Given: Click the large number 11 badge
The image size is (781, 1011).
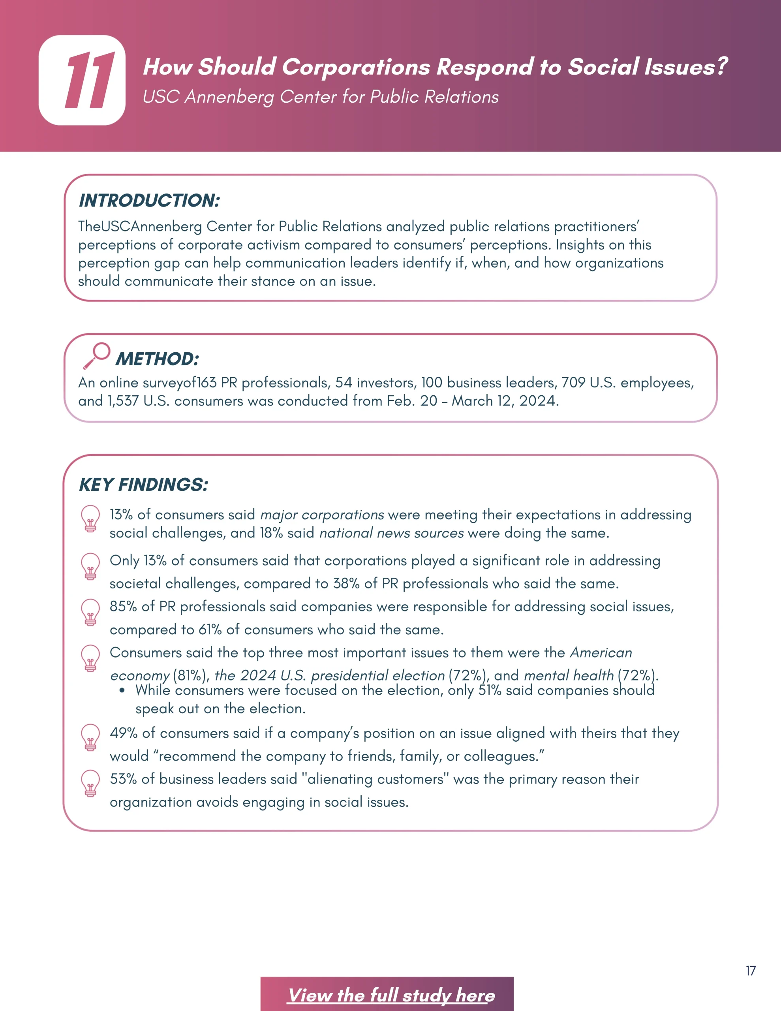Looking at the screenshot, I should pos(82,80).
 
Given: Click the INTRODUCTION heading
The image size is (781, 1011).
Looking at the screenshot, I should pos(149,201).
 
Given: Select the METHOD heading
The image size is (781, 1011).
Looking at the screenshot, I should pos(158,359).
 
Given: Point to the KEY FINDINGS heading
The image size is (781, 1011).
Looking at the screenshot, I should pos(143,485).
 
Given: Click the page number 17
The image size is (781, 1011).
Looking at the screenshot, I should pos(751,971).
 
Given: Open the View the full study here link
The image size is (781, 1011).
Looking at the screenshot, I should pos(391,995).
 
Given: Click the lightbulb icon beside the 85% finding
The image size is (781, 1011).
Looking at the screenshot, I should pos(91,613).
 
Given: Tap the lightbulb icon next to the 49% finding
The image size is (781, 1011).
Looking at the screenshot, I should pos(91,737).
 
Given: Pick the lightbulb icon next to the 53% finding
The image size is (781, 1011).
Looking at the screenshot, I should pos(91,783).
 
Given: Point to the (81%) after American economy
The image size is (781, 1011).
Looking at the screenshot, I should pos(191,676).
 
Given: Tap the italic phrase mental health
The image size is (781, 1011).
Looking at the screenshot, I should pos(569,676).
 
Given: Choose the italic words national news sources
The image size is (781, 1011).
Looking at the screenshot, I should pos(391,533).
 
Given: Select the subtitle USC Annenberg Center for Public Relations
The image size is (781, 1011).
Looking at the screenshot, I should pos(320,97).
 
